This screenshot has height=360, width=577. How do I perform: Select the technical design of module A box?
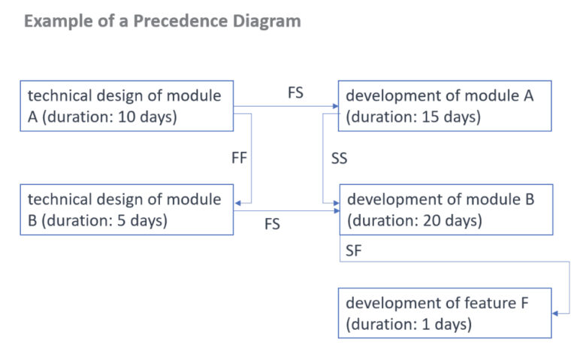click(126, 106)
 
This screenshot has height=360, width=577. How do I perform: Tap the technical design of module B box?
click(126, 210)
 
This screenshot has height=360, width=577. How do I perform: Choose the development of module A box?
click(445, 106)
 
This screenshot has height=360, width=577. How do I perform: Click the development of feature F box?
click(445, 313)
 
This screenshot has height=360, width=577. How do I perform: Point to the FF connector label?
click(239, 159)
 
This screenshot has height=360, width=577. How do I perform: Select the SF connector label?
click(354, 253)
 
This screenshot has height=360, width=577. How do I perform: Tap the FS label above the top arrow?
click(295, 93)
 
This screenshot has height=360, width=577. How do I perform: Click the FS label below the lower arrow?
click(272, 225)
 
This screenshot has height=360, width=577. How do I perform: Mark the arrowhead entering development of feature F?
click(557, 313)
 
